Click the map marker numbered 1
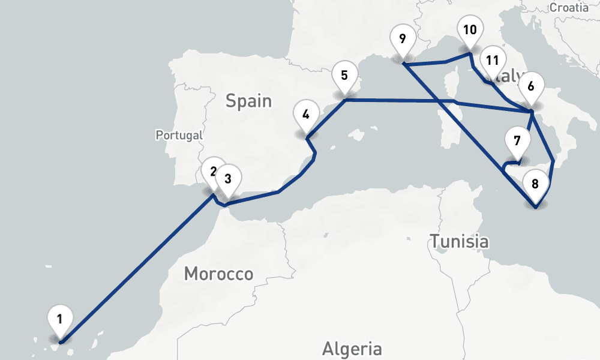[x=60, y=318]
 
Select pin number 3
[x=228, y=179]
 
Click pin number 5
[x=344, y=76]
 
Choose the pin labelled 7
[x=517, y=142]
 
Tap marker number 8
[x=535, y=182]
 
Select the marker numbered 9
[x=402, y=40]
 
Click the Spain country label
[x=248, y=101]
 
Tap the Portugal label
[x=179, y=136]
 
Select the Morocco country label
[x=218, y=274]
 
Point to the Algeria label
[x=352, y=348]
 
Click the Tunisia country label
[x=459, y=242]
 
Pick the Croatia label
[x=569, y=7]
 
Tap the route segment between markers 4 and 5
[x=327, y=118]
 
